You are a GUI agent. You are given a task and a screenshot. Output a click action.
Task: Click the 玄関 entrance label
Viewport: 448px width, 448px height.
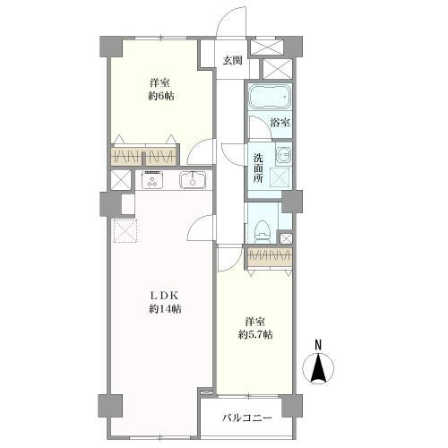click(x=232, y=61)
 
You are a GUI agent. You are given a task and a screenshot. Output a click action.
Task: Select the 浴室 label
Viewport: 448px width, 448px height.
click(x=279, y=123)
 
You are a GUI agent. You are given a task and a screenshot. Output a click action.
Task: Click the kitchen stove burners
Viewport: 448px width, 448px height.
click(x=152, y=180)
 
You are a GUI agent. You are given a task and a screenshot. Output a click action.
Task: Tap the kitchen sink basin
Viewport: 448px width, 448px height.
click(x=193, y=180)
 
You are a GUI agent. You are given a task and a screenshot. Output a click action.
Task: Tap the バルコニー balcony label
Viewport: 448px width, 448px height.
click(x=247, y=417)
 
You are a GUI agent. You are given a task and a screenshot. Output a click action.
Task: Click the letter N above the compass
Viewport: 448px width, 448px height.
click(x=319, y=345)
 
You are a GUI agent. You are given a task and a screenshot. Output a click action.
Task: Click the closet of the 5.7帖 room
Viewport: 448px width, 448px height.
click(x=264, y=256)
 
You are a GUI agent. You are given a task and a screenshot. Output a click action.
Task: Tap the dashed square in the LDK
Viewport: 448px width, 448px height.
click(x=125, y=231)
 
